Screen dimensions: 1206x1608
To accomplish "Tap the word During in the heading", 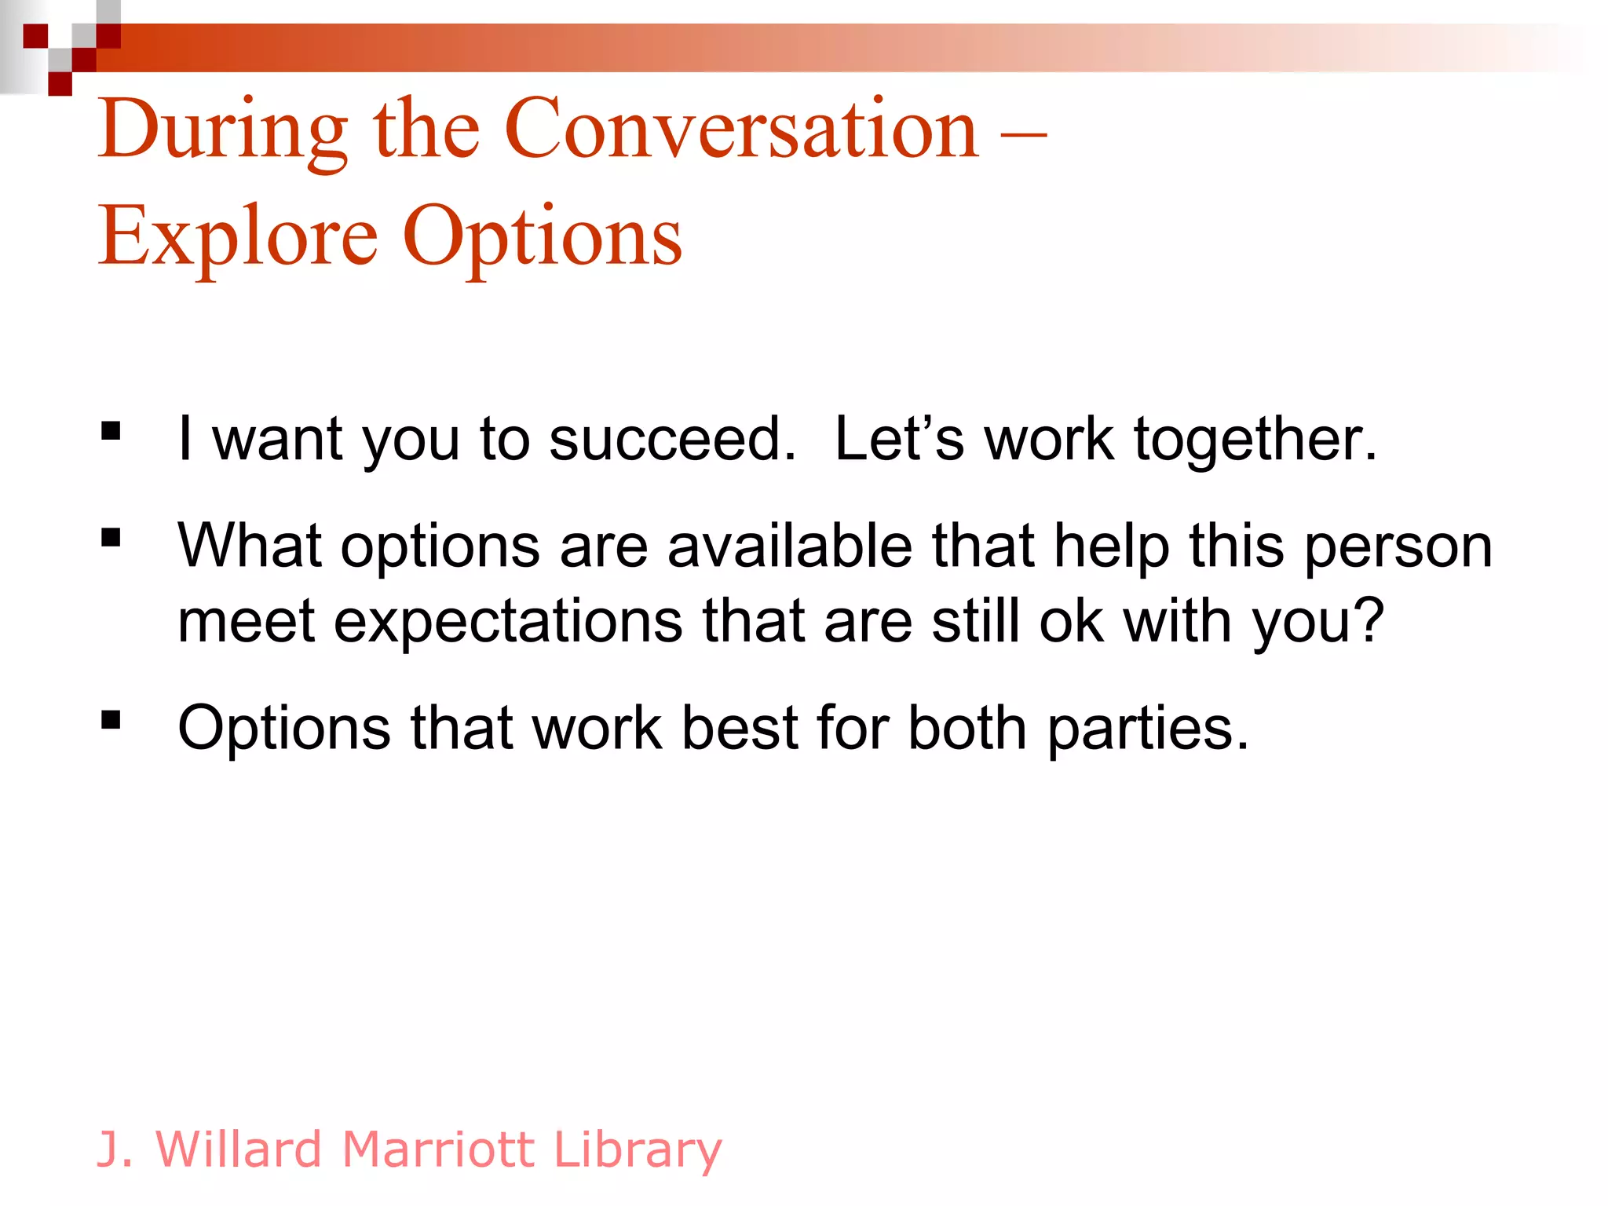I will click(x=223, y=130).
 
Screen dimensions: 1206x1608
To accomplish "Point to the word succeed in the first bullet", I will click(x=671, y=439).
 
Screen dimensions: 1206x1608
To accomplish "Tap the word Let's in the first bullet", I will click(x=898, y=439).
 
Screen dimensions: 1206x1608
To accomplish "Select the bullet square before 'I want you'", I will click(x=111, y=431).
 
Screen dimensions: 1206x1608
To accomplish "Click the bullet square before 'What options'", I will click(x=111, y=537).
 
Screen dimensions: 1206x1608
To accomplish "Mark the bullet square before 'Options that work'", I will click(x=111, y=719).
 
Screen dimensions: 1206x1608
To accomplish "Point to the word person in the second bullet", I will click(x=1398, y=547).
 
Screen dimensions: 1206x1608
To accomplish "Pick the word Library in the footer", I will click(x=637, y=1150).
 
